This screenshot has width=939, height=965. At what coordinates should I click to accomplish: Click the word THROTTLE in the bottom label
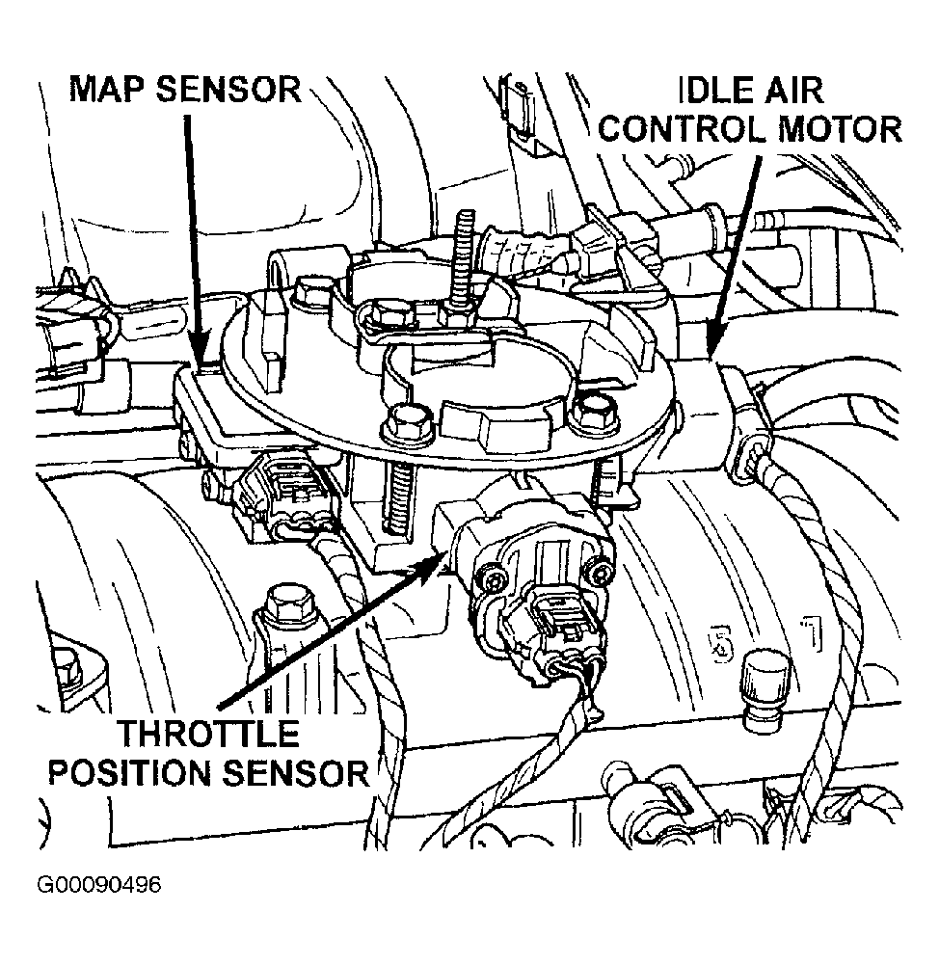point(208,734)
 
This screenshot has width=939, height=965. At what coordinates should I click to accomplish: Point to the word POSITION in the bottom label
point(131,772)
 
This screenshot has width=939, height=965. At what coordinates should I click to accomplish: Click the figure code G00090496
point(99,885)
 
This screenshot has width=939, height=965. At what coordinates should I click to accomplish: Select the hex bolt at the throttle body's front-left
point(404,424)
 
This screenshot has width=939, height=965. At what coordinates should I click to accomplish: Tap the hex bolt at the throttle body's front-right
point(588,412)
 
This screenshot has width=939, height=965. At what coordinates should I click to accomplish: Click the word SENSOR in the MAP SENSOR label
point(228,90)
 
